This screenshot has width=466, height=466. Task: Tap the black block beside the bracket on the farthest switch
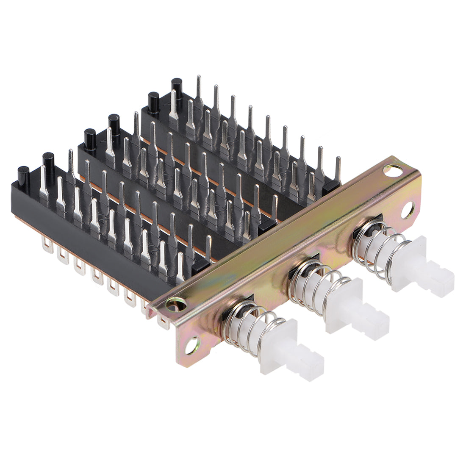(x=331, y=185)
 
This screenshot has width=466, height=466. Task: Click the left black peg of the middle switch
(x=90, y=139)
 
